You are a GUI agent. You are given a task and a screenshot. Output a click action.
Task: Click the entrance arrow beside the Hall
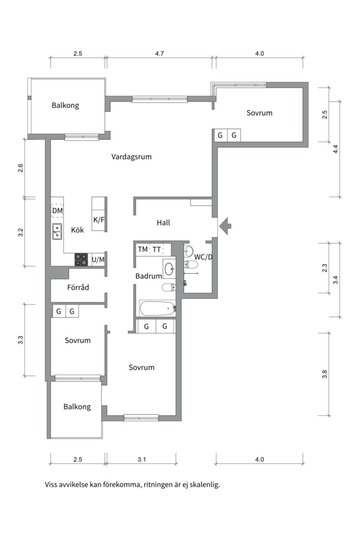pos(226,226)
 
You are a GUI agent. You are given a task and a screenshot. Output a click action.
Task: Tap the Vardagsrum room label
pos(131,157)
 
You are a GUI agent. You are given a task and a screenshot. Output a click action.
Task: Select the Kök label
pos(77,229)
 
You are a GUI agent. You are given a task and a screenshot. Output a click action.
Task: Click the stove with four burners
pos(81,259)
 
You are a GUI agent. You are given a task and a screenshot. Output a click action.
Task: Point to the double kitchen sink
pos(57,231)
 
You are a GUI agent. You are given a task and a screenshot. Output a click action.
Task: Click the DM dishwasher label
pos(57,210)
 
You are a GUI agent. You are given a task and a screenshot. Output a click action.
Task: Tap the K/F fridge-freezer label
pos(99,219)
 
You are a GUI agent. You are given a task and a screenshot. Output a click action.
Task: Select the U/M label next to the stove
pos(98,259)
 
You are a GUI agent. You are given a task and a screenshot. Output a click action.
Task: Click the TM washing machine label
pos(142,249)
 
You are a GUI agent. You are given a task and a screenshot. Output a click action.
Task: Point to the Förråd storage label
pos(78,287)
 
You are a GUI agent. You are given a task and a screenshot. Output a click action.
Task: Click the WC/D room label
pos(203,257)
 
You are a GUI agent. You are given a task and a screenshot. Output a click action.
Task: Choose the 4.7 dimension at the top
pos(159,53)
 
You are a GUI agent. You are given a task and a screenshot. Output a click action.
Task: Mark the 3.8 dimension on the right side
pos(324,374)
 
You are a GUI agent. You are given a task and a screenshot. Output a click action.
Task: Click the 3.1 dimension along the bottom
pos(141,459)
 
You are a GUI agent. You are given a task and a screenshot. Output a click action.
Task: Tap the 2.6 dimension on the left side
pos(20,168)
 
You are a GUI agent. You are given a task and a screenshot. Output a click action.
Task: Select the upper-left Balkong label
pos(65,105)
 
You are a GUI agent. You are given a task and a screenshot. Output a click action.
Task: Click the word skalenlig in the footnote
pos(204,485)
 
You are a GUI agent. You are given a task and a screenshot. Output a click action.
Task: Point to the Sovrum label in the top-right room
pos(259,113)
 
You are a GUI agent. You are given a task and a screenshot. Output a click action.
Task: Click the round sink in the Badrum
pos(169,268)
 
